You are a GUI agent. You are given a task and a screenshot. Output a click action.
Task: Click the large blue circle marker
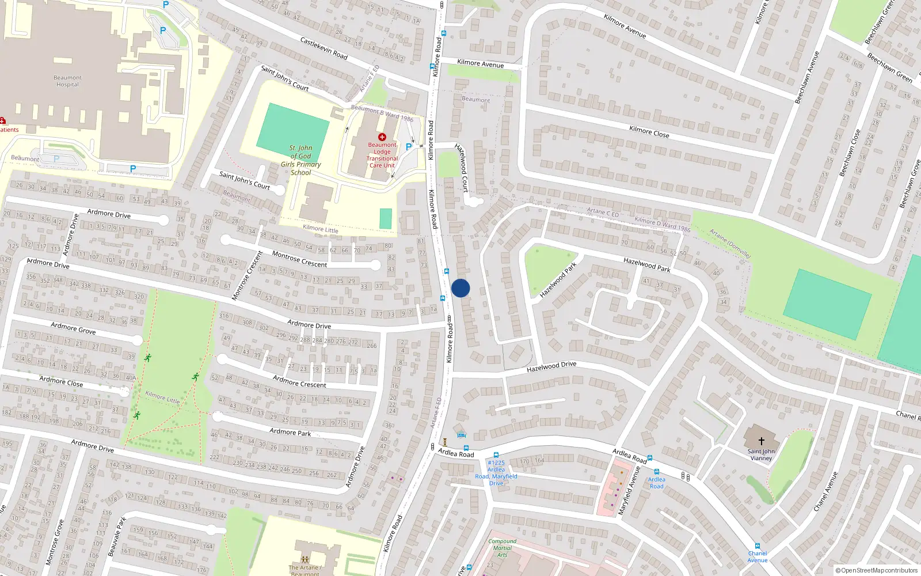[x=461, y=288]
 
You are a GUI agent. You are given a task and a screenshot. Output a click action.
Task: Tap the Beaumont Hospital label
[x=67, y=81]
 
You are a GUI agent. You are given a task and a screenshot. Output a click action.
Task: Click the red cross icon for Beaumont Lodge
[x=382, y=137]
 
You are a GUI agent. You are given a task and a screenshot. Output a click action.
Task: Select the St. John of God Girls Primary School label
[x=300, y=160]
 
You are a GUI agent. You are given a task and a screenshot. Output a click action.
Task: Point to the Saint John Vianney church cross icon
[x=761, y=441]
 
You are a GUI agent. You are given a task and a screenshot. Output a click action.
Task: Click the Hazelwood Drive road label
[x=551, y=366]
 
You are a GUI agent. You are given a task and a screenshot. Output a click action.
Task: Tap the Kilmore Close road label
[x=649, y=132]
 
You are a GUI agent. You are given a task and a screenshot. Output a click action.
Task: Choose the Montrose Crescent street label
[x=299, y=259]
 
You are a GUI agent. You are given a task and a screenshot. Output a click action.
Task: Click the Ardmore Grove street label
[x=73, y=328]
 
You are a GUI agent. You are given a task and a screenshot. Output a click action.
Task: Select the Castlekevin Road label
[x=324, y=48]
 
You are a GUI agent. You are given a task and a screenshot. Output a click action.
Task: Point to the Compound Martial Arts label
[x=502, y=548]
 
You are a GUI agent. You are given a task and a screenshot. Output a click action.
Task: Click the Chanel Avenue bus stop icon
[x=757, y=546]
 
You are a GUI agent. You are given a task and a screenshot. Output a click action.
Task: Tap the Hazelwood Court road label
[x=462, y=168]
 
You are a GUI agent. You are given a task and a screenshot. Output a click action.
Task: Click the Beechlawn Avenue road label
[x=807, y=78]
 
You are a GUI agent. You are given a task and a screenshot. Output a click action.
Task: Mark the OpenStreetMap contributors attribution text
[x=877, y=571]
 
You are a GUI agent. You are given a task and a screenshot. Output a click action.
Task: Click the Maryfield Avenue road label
[x=629, y=491]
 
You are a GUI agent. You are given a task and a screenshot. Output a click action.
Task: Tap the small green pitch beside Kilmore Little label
[x=386, y=219]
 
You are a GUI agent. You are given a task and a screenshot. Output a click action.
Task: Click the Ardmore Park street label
[x=290, y=432]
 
